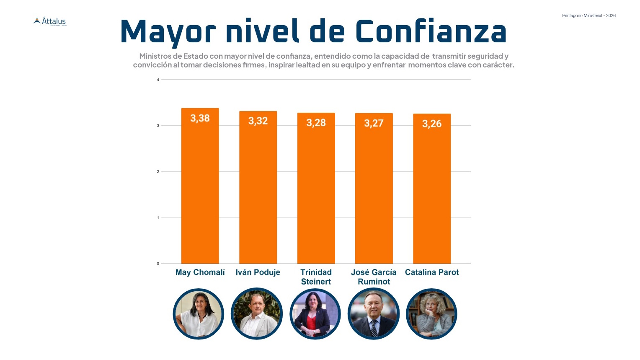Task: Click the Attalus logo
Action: click(x=50, y=21)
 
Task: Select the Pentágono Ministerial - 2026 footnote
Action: click(x=588, y=16)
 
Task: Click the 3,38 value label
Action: click(x=200, y=118)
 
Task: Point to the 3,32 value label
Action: click(x=258, y=121)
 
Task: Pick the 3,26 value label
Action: click(x=431, y=124)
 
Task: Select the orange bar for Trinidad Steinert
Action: click(x=316, y=193)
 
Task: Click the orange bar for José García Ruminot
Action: click(x=374, y=193)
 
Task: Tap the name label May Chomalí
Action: click(x=200, y=272)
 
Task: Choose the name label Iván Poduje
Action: click(x=258, y=272)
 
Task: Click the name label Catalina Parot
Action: click(x=431, y=272)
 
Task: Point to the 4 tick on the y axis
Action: click(x=158, y=80)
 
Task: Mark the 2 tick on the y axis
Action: click(x=158, y=172)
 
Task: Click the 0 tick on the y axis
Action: click(x=158, y=264)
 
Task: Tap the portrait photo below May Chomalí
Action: click(x=199, y=314)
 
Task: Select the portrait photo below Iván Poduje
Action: click(x=257, y=314)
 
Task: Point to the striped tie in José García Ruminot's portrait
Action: click(x=374, y=327)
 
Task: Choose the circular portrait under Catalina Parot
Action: click(x=431, y=314)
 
